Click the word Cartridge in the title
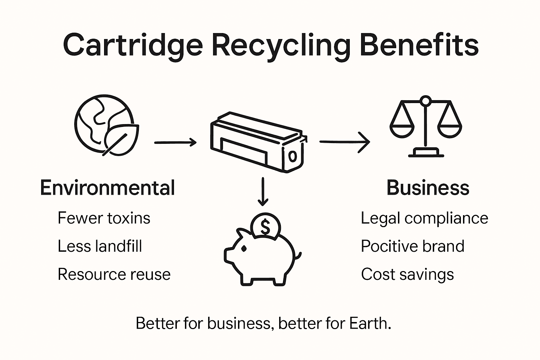[x=133, y=45]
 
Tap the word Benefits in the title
[x=419, y=45]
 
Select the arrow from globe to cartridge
[x=175, y=142]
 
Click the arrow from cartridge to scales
[x=345, y=142]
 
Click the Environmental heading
[x=107, y=188]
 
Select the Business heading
[x=428, y=188]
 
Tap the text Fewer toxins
[x=104, y=218]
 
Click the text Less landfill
[x=99, y=246]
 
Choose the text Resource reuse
[x=114, y=274]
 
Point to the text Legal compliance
[x=424, y=218]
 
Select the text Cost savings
[x=407, y=274]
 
